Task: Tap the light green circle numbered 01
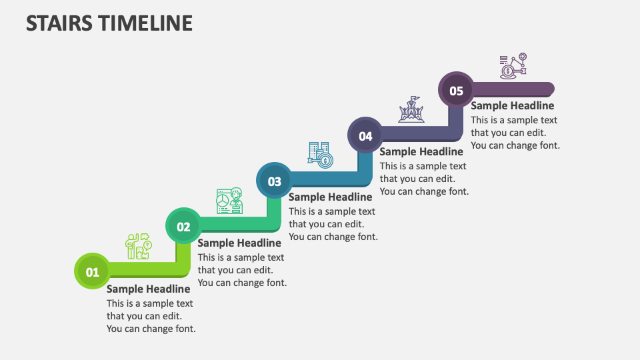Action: [x=92, y=271]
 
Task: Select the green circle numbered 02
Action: [x=183, y=227]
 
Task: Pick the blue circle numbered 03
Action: [x=275, y=181]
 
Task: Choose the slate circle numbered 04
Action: [x=365, y=136]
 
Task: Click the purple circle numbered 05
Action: [x=456, y=91]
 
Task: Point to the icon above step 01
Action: [x=139, y=247]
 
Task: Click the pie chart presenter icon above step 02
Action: [x=229, y=201]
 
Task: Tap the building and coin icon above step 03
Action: [x=321, y=155]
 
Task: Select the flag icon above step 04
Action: [x=411, y=109]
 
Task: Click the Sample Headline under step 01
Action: [x=148, y=289]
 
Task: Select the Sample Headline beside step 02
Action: [x=239, y=243]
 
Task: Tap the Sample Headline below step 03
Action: [x=330, y=197]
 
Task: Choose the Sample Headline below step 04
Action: [x=421, y=151]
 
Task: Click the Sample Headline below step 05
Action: [x=512, y=105]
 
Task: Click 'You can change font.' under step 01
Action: [x=151, y=329]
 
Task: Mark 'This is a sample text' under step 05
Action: [x=514, y=120]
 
